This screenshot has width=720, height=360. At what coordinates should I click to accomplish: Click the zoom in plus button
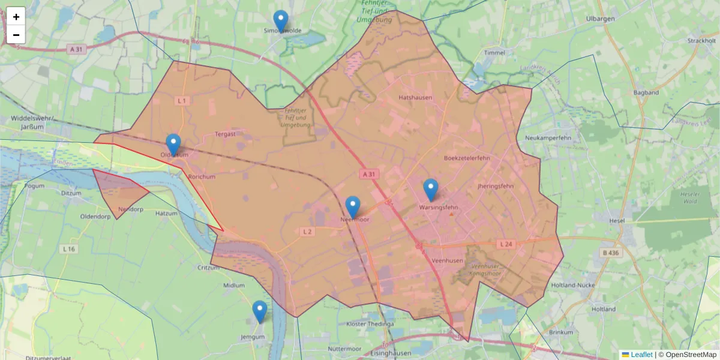[x=16, y=17]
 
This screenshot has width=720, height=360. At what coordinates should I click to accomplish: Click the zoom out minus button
[x=16, y=35]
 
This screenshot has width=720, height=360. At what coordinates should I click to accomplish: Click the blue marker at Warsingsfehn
[x=431, y=190]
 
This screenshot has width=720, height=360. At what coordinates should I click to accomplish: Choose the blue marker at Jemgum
[x=259, y=311]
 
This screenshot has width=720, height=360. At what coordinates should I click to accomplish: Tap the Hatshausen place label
[x=415, y=97]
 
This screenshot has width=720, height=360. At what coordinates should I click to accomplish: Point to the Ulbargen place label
[x=601, y=19]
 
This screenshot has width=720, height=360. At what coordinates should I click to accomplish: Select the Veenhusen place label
[x=446, y=260]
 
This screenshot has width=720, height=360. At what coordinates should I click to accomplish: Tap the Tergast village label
[x=225, y=134]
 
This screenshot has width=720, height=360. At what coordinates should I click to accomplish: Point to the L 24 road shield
[x=505, y=244]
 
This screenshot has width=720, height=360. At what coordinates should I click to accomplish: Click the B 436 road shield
[x=611, y=253]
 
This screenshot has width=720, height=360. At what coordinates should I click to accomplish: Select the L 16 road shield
[x=68, y=248]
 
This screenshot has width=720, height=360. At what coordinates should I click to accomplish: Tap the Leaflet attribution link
[x=641, y=355]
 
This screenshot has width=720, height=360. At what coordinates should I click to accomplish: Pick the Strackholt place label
[x=702, y=40]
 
